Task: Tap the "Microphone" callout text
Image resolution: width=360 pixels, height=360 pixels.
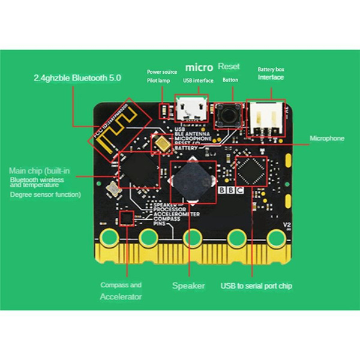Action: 327,139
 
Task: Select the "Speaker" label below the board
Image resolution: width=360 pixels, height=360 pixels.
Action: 188,286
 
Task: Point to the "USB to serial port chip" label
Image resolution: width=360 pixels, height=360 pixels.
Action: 256,286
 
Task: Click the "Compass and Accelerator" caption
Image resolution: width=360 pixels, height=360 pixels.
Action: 121,291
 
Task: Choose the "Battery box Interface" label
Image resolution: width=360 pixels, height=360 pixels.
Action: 271,73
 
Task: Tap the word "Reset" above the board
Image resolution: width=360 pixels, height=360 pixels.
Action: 229,66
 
